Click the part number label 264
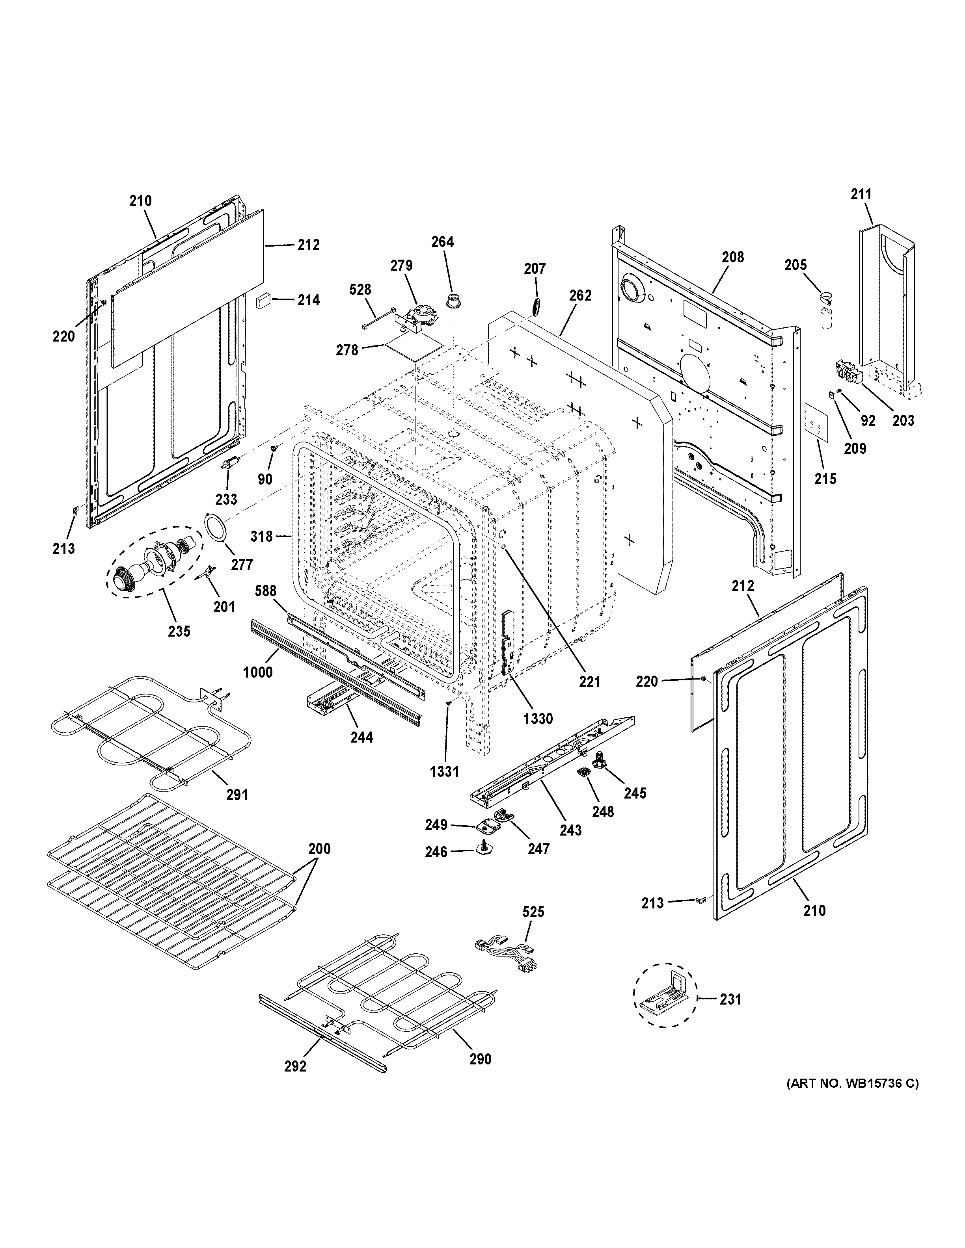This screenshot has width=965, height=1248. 442,242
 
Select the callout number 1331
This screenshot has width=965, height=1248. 444,771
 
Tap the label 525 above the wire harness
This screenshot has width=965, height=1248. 533,912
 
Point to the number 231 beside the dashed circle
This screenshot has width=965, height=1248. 730,999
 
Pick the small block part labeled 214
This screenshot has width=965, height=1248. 264,300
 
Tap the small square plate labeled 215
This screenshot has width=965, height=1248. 816,425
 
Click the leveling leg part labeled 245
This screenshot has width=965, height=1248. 600,761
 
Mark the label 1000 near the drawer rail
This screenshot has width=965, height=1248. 257,672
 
